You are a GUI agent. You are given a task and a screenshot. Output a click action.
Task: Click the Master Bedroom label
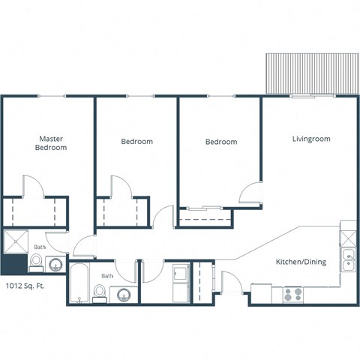[51, 143]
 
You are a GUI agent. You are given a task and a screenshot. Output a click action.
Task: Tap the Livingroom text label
[310, 139]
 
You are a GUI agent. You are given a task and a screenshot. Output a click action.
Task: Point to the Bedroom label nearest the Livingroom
[221, 142]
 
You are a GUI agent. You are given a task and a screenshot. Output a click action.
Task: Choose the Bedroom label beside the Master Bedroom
[136, 142]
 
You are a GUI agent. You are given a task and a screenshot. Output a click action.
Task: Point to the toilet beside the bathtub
[100, 291]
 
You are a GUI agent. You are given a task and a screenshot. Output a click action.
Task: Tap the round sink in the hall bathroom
[124, 293]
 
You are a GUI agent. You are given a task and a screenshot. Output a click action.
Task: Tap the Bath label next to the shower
[39, 247]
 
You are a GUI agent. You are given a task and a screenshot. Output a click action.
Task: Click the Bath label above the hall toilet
[108, 276]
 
